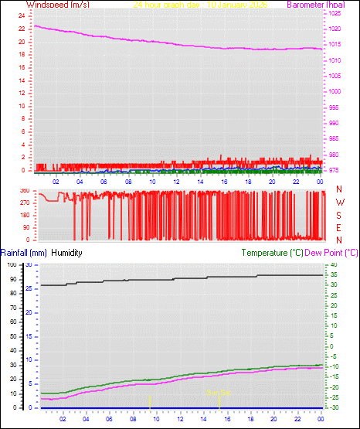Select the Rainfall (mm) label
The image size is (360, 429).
click(24, 252)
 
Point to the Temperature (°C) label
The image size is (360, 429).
click(273, 252)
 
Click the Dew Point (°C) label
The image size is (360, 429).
click(332, 252)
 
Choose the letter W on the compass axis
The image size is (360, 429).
click(339, 203)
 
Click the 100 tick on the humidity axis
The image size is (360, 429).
click(12, 265)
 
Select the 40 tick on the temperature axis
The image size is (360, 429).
click(333, 265)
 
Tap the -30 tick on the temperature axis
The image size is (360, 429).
click(333, 407)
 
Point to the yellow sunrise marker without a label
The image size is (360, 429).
click(150, 401)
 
